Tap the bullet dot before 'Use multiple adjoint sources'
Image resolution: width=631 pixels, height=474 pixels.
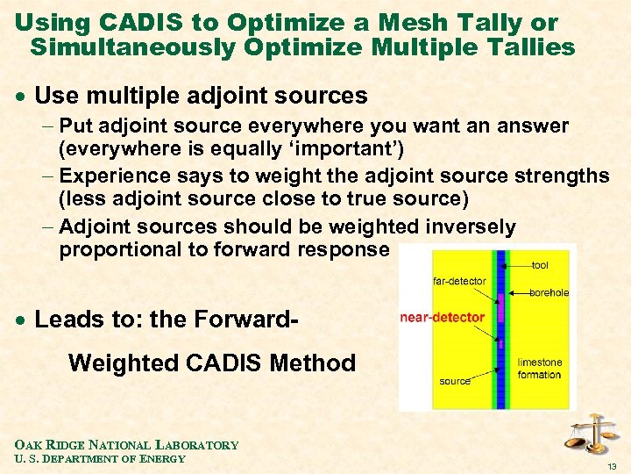[x=20, y=97]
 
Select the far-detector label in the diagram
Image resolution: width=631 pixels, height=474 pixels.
[x=458, y=281]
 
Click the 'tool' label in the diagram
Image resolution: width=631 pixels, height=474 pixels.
[x=540, y=264]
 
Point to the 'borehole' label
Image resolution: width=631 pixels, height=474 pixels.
[x=549, y=292]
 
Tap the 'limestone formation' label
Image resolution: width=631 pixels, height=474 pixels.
[x=540, y=369]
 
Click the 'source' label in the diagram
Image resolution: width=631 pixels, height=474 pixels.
[x=455, y=381]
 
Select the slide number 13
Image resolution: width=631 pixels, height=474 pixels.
[x=613, y=465]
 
